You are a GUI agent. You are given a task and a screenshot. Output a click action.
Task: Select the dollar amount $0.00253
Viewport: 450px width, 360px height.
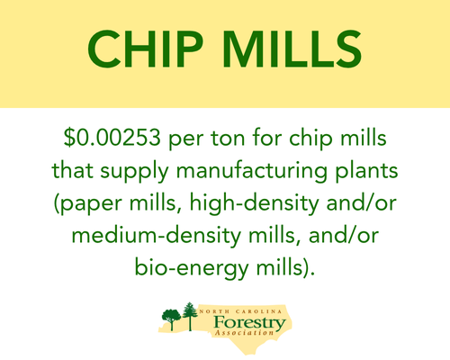(112, 138)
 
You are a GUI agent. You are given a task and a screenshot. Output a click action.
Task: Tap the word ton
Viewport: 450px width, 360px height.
(228, 139)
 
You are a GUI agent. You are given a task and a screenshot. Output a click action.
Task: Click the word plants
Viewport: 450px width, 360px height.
(366, 172)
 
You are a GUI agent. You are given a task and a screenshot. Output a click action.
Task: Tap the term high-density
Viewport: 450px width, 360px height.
(254, 204)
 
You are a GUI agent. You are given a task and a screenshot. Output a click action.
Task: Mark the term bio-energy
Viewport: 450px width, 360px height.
(192, 269)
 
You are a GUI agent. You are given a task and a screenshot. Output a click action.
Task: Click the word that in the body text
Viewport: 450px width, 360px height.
(73, 170)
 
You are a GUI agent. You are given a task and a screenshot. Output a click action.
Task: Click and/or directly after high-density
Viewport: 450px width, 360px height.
(362, 202)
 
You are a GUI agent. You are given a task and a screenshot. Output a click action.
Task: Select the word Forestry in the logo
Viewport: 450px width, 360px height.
(250, 323)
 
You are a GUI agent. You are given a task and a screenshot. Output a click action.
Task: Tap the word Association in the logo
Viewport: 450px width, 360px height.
(245, 333)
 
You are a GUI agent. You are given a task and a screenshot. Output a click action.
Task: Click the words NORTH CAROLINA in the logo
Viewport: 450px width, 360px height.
(241, 311)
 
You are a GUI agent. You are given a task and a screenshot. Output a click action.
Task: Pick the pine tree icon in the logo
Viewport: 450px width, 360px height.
(190, 316)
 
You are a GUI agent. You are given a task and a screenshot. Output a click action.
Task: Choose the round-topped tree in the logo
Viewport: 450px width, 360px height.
(172, 319)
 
